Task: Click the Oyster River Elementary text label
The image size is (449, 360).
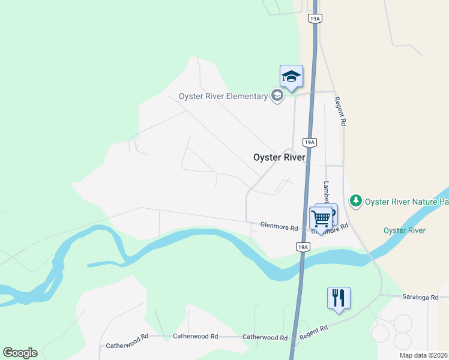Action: click(223, 97)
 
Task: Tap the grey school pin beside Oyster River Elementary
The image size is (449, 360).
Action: click(277, 96)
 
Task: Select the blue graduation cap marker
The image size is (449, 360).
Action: click(291, 77)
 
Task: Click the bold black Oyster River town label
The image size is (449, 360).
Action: click(280, 157)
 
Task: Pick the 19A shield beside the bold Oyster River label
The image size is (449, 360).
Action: click(309, 142)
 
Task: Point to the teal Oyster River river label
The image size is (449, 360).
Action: click(404, 230)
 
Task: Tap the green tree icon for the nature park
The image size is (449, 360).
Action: click(356, 200)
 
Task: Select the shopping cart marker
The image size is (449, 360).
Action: click(321, 218)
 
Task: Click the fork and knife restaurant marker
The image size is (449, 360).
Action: click(339, 298)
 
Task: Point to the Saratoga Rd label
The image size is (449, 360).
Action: click(420, 296)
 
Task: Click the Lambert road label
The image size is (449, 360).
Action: click(327, 192)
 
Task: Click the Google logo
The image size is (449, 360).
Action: click(20, 353)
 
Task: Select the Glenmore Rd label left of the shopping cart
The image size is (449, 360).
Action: click(279, 227)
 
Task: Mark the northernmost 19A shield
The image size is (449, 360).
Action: click(315, 19)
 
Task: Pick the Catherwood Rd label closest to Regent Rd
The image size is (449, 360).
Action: click(265, 337)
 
